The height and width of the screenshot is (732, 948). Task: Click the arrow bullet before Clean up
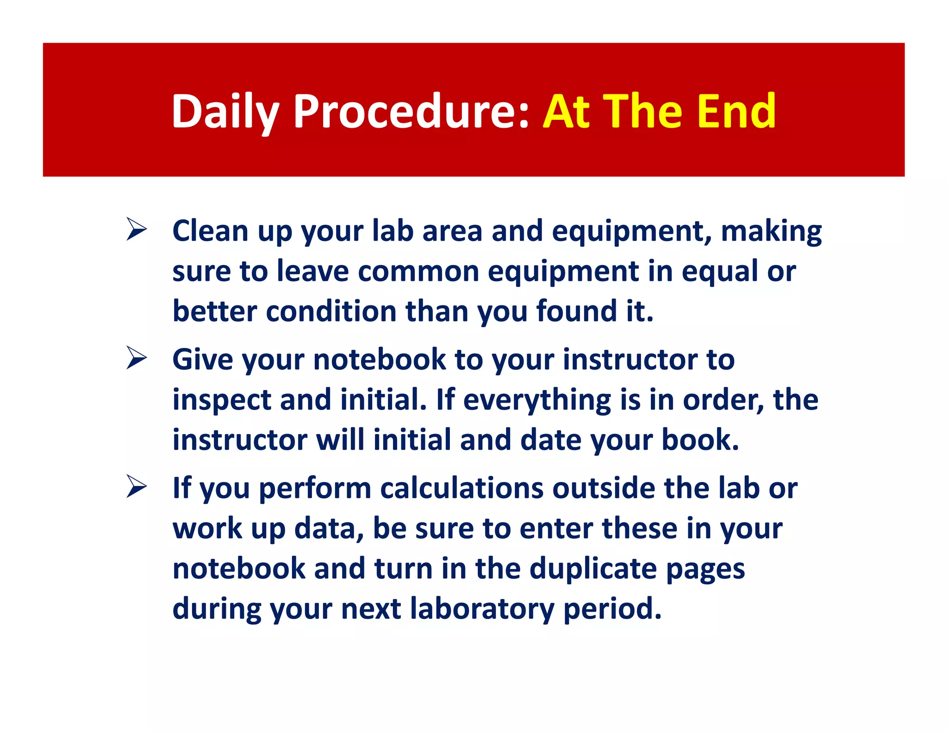[137, 230]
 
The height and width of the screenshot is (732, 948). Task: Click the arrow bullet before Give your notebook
[137, 359]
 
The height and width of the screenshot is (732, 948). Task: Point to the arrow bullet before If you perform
[137, 487]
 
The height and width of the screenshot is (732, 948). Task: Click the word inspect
[222, 400]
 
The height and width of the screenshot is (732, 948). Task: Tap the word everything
[536, 400]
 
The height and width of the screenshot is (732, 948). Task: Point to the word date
[550, 440]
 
